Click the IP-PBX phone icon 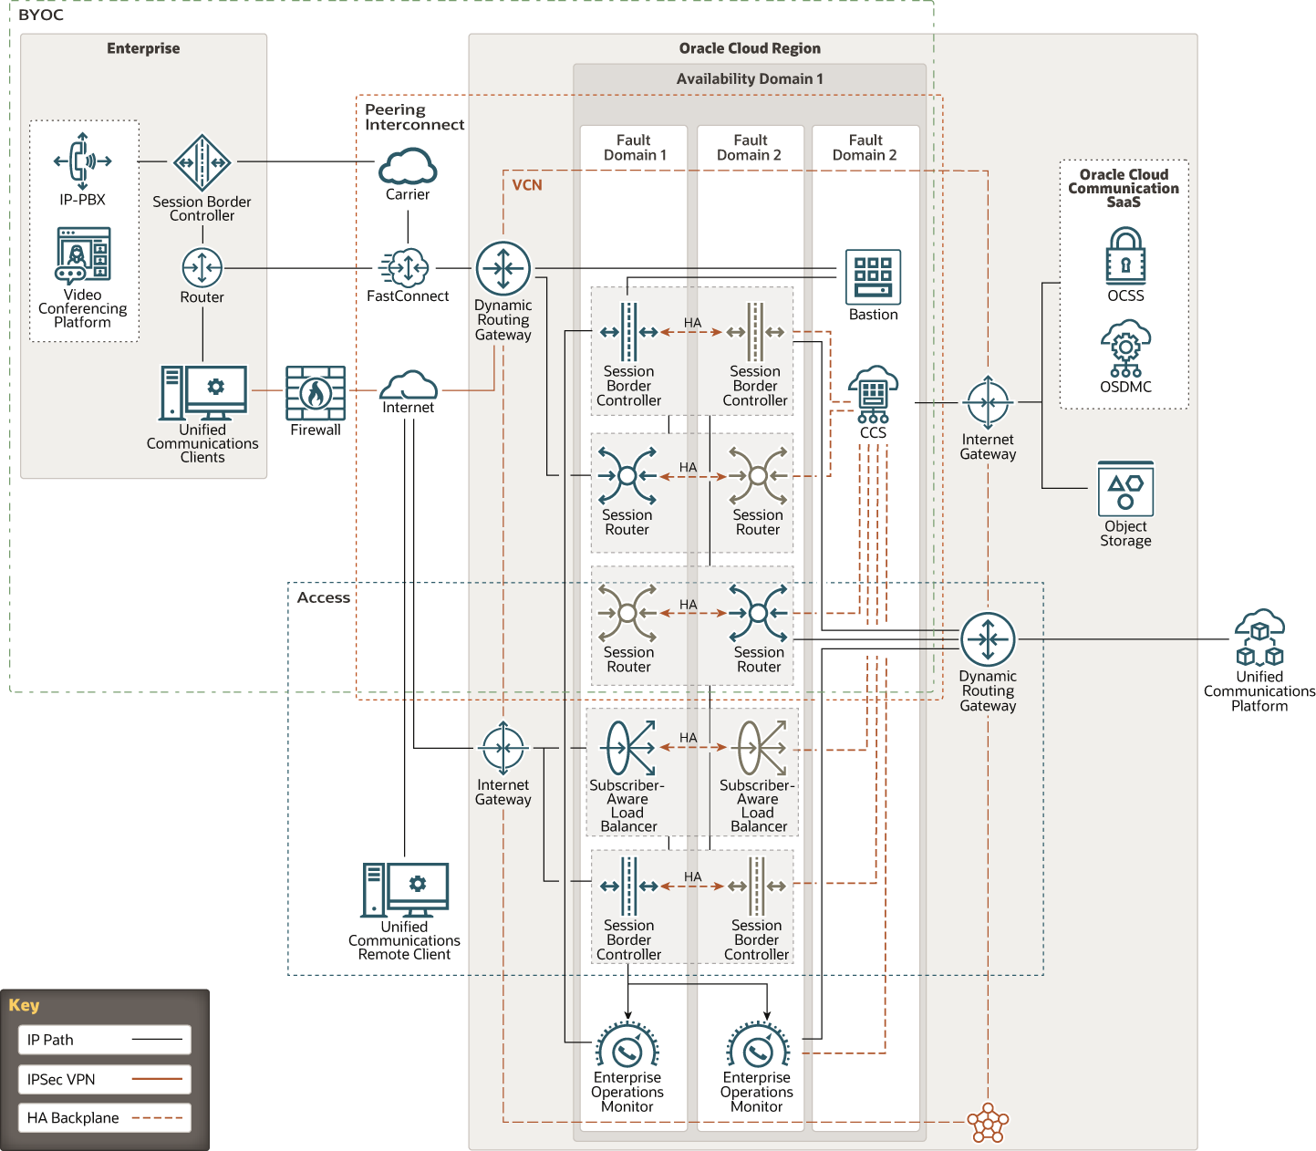click(82, 161)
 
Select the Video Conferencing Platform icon click(83, 255)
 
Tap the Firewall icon click(316, 392)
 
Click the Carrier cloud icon click(408, 167)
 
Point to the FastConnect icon click(407, 268)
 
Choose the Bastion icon click(873, 276)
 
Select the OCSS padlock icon click(1125, 256)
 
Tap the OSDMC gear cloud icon click(1125, 347)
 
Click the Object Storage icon click(1125, 490)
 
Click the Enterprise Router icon click(202, 268)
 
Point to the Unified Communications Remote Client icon click(405, 890)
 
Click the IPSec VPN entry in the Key click(104, 1079)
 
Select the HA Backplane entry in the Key click(104, 1117)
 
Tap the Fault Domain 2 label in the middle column click(750, 148)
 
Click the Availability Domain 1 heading click(750, 79)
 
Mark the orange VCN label click(527, 185)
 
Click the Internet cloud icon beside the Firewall click(408, 385)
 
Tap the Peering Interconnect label click(414, 117)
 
